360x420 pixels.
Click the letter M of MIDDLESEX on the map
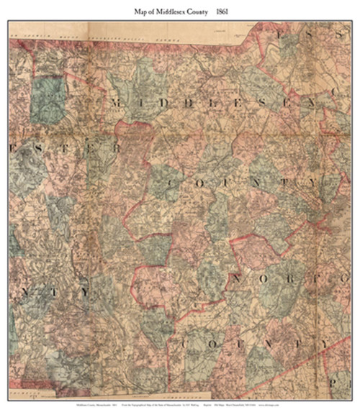[x=117, y=104]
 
